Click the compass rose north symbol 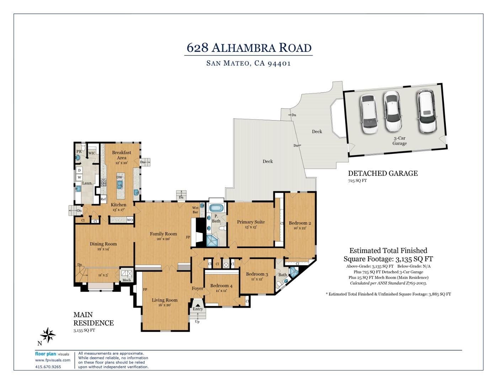point(48,335)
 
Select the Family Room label point(163,234)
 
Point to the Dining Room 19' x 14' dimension point(103,249)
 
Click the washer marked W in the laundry point(79,177)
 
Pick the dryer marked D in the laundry point(79,170)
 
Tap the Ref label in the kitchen point(103,199)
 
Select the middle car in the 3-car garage point(393,111)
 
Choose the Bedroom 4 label point(221,286)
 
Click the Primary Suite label point(251,222)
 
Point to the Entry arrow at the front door point(198,305)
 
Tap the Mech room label point(127,280)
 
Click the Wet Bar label point(195,210)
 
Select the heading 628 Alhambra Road point(249,48)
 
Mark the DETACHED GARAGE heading point(383,174)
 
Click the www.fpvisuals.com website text point(53,360)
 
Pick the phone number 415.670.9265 point(48,367)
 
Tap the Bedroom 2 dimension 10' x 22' point(300,228)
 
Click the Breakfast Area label point(122,155)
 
